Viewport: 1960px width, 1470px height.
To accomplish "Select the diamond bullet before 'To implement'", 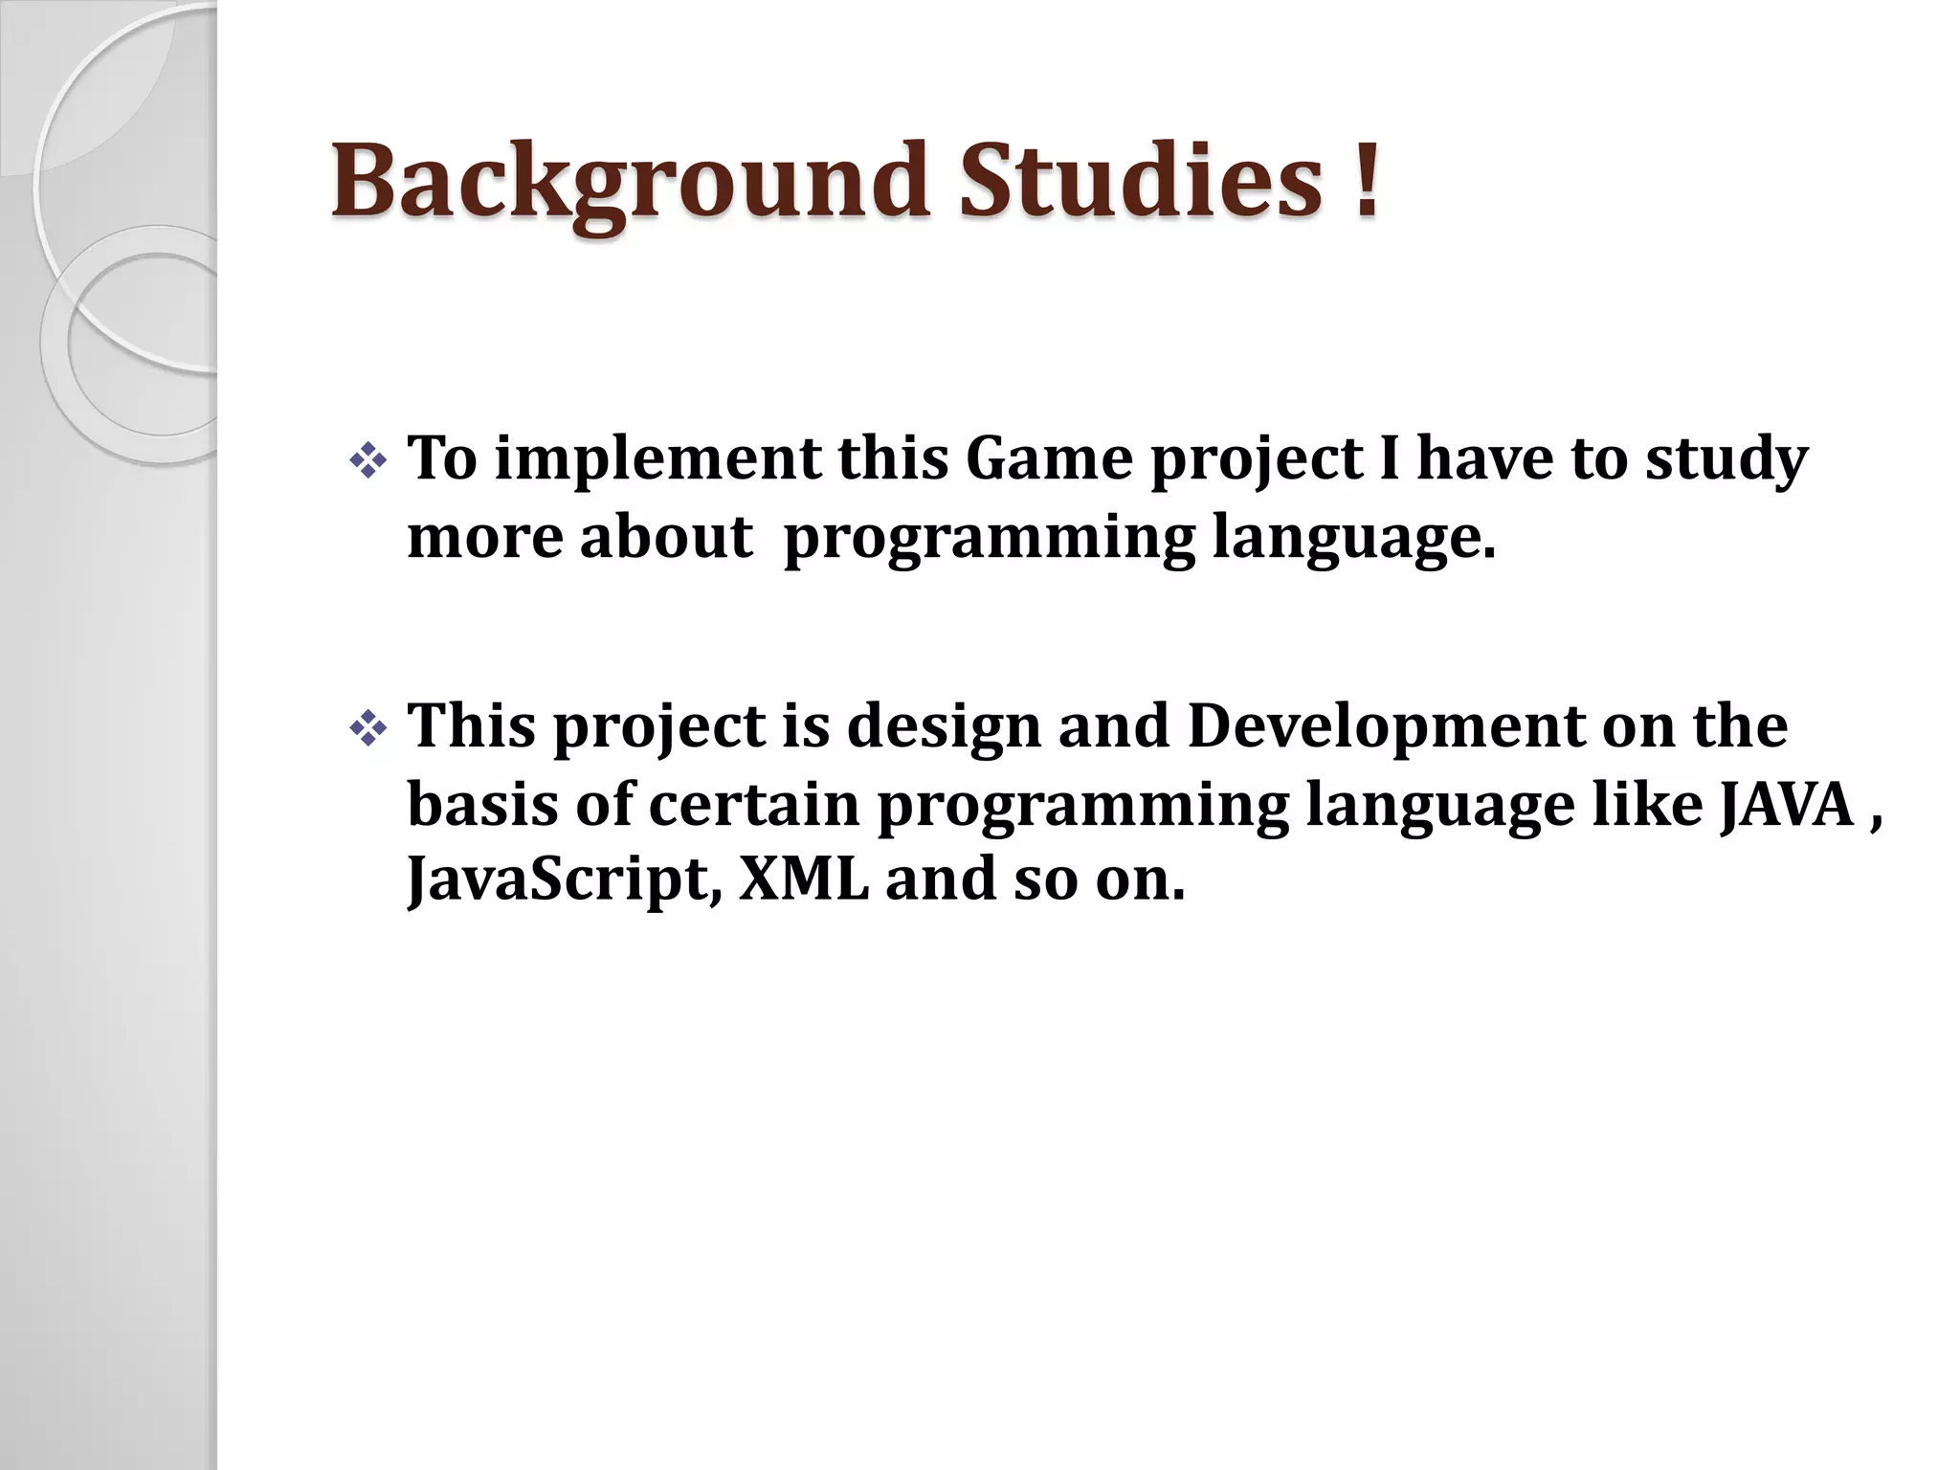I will (368, 463).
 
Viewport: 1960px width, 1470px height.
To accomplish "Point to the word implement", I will (657, 459).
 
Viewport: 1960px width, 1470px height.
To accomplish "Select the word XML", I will (804, 879).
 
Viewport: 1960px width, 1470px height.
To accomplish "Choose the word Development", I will (1386, 727).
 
